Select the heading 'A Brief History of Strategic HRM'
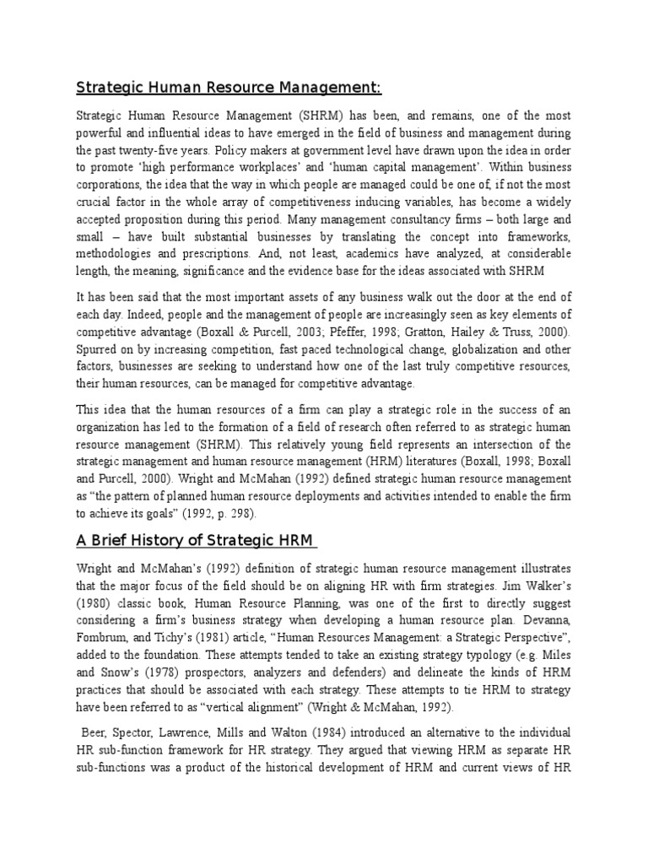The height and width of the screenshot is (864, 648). [197, 540]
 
